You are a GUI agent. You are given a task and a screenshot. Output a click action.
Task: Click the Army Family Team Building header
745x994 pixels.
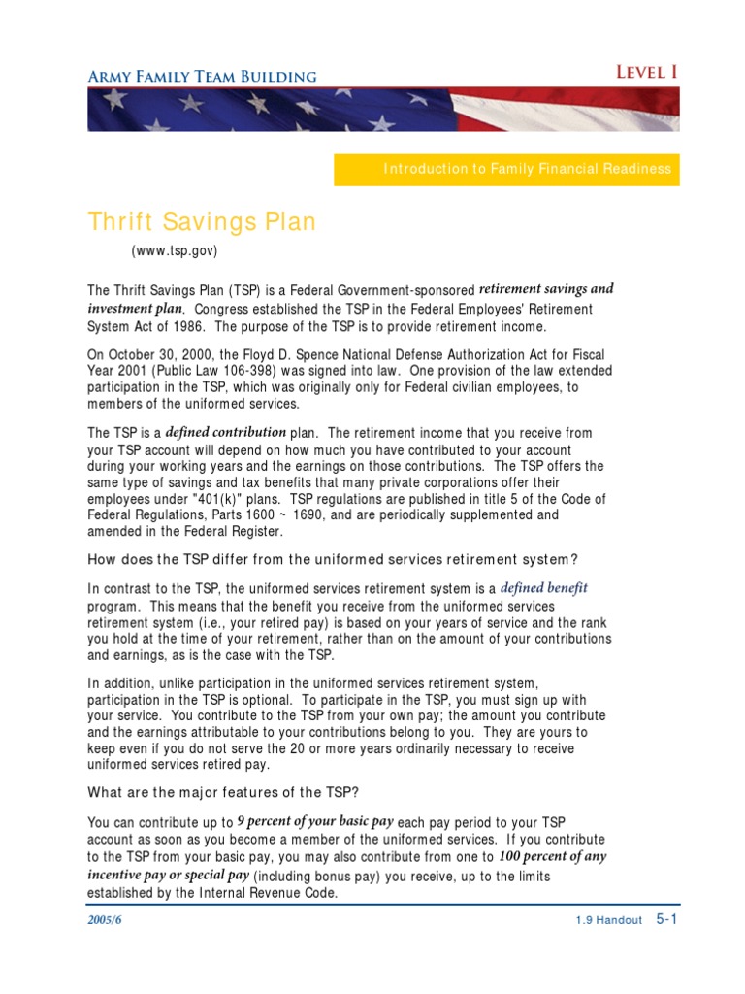point(202,76)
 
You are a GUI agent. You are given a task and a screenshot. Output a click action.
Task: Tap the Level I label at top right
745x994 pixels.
point(647,73)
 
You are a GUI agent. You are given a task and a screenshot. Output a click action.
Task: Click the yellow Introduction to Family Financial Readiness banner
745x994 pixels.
point(527,169)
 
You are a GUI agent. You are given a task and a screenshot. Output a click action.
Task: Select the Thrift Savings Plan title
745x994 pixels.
point(202,222)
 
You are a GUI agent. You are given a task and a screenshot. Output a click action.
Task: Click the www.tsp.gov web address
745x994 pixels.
point(175,251)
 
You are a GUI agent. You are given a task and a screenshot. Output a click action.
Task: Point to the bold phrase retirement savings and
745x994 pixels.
point(547,289)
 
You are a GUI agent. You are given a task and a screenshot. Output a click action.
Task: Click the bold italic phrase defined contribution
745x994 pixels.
point(226,432)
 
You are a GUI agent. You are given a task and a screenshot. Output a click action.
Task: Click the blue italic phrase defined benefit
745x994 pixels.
point(544,588)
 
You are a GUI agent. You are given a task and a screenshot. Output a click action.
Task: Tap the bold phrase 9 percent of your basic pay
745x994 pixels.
point(314,820)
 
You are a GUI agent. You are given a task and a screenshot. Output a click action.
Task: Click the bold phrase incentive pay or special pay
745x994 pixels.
point(168,876)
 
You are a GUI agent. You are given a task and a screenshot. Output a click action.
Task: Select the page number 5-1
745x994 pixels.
point(666,919)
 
